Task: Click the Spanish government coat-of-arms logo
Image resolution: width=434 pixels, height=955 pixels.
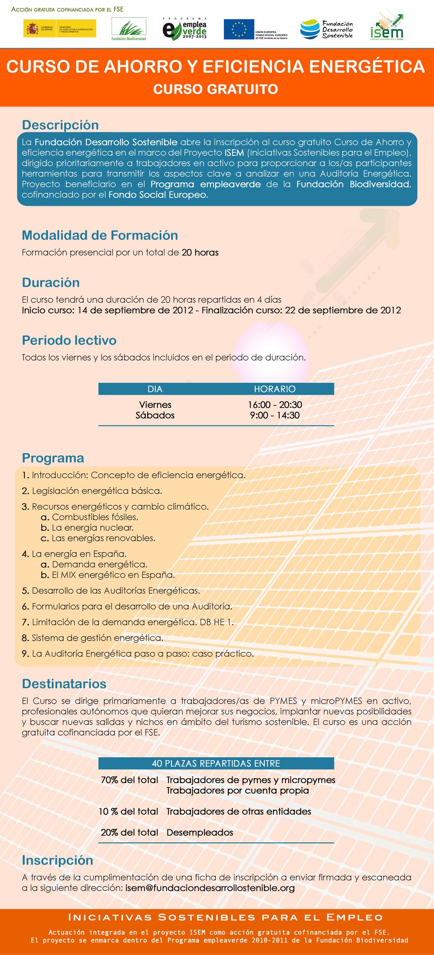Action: point(32,29)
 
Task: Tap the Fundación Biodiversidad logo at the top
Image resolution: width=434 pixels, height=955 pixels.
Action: point(129,29)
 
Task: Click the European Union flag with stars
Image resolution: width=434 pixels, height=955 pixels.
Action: point(239,29)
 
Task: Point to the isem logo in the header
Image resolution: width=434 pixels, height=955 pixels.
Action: point(387,27)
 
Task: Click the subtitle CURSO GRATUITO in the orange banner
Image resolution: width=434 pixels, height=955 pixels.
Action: point(216,89)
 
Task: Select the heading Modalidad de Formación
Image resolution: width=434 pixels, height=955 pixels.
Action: point(100,235)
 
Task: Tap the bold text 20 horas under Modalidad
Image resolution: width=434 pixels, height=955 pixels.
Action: point(200,253)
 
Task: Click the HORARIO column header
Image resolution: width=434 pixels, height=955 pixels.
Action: point(275,389)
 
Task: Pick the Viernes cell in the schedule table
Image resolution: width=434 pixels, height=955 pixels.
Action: point(155,405)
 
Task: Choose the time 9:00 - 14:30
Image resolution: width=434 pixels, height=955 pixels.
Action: point(275,415)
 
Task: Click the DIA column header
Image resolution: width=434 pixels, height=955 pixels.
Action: point(155,389)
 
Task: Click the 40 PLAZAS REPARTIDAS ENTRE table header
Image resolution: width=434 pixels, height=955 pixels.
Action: point(216,764)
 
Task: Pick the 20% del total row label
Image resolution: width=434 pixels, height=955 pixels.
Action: point(129,833)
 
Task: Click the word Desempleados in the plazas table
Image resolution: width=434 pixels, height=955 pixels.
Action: point(200,833)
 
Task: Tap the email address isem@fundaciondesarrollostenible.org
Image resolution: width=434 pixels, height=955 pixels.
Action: point(210,888)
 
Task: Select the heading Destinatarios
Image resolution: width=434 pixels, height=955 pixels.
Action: point(64,684)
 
